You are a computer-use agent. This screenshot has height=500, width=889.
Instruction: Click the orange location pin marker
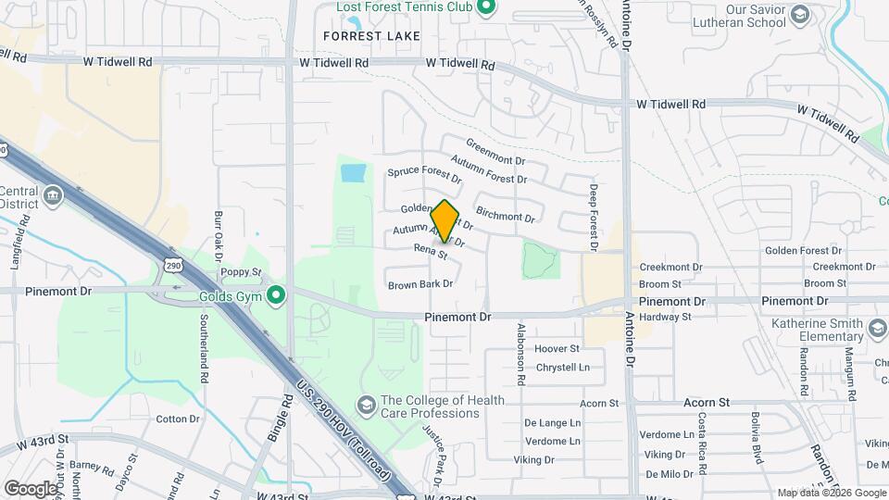(444, 221)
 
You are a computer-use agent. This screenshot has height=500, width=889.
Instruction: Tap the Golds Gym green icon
(275, 297)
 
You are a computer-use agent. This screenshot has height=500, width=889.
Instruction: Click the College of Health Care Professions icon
(367, 406)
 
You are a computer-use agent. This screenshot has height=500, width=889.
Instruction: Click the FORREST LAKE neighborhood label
(371, 36)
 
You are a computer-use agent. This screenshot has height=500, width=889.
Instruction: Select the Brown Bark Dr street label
(420, 284)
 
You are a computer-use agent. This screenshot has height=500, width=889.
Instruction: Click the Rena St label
(431, 250)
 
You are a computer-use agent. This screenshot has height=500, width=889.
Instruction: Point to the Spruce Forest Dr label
(424, 173)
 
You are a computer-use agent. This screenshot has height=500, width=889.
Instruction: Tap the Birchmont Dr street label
(505, 218)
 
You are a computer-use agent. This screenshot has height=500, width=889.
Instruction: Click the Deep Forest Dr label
(593, 217)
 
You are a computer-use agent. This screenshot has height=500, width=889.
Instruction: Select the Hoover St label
(557, 349)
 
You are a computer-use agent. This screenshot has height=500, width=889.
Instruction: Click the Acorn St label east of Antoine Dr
(707, 404)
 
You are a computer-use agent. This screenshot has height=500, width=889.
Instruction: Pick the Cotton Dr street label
(178, 419)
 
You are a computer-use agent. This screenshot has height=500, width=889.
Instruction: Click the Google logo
(31, 488)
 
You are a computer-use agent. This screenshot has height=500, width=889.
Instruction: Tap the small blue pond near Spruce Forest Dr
(353, 172)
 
